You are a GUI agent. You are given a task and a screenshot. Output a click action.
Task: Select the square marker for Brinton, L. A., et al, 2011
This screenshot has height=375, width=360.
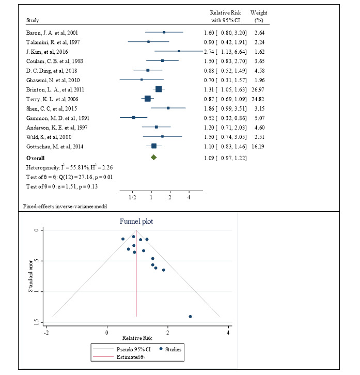(x=159, y=89)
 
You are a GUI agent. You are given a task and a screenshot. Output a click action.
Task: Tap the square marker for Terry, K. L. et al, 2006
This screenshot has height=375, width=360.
(x=148, y=99)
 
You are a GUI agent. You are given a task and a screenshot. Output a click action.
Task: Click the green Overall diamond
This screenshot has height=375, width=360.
(x=153, y=157)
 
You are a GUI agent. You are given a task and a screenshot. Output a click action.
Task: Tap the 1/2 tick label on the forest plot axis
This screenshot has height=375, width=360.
(x=132, y=197)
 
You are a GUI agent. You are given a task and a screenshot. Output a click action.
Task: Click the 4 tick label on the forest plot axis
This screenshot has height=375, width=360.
(x=189, y=197)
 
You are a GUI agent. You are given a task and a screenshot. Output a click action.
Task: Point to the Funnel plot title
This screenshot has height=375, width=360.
(x=137, y=222)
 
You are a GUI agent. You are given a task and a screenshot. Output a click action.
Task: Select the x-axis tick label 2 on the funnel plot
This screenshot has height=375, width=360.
(x=168, y=330)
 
